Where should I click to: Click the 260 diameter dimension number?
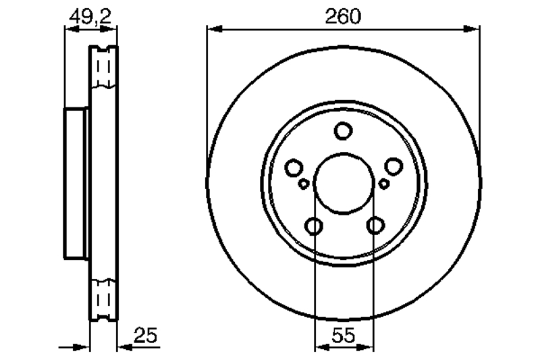tap(343, 16)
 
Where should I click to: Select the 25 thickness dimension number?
tap(145, 335)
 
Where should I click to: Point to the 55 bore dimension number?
tap(344, 335)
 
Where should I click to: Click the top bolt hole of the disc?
tap(343, 131)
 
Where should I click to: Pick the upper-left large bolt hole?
tap(294, 168)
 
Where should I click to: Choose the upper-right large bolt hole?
tap(394, 167)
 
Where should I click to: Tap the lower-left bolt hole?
tap(314, 226)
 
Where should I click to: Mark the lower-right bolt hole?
tap(375, 226)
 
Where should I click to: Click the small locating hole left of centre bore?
tap(303, 184)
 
